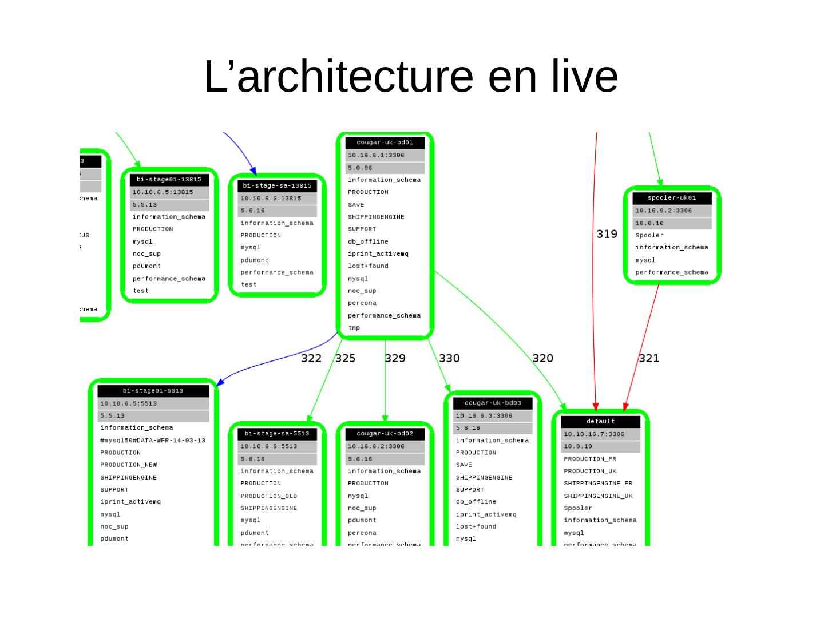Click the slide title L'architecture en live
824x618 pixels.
[411, 76]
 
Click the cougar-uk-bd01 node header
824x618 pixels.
[385, 142]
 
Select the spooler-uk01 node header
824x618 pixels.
[672, 198]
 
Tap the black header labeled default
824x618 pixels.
[600, 422]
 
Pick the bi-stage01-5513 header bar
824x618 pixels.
[153, 391]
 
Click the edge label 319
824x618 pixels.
[607, 234]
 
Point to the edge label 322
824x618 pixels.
[311, 358]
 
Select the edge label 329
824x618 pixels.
[395, 358]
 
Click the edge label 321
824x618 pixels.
[648, 358]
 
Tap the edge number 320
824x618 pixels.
[542, 358]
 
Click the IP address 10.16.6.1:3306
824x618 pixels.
[376, 155]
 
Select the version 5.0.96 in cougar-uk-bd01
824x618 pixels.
[360, 168]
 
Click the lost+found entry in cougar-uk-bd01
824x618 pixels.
[368, 266]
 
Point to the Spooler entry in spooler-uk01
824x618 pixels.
[649, 235]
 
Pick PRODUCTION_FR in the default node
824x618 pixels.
[590, 459]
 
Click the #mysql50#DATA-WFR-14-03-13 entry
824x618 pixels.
[152, 441]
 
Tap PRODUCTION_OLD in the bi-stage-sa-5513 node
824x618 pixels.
[268, 496]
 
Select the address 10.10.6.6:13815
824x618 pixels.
[270, 199]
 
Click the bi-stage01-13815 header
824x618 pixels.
[169, 180]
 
